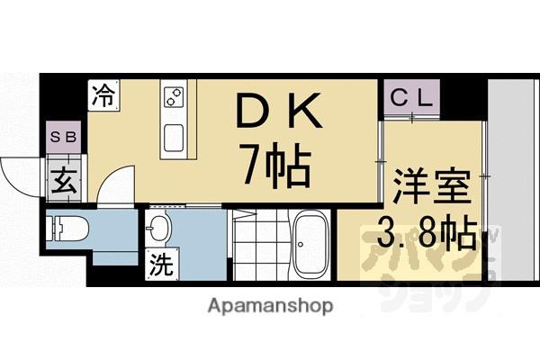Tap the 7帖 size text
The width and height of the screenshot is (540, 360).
pos(274,166)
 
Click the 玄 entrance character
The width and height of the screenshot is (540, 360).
pos(64,178)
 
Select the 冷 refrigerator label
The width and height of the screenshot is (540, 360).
pos(104,95)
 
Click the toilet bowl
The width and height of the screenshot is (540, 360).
pos(67,229)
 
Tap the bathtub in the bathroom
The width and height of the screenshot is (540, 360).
pos(312,240)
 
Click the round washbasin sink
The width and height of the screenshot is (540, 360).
pos(161,228)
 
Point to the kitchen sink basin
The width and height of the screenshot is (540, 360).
pos(174,140)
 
